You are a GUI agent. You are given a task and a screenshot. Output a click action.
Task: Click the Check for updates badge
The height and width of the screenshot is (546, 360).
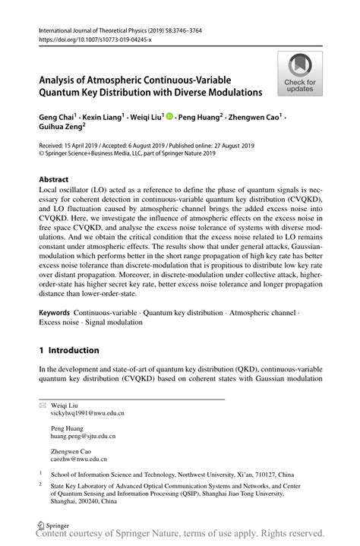click(x=300, y=74)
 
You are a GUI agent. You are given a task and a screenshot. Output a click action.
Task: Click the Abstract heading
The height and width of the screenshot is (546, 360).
click(x=58, y=181)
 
